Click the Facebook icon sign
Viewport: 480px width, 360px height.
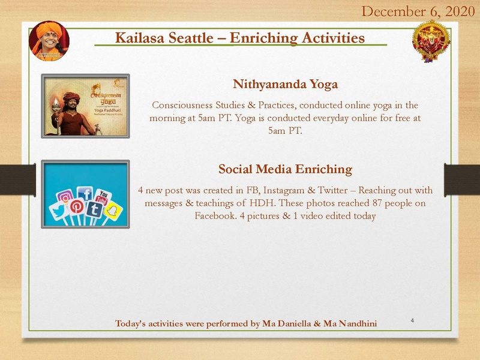86,194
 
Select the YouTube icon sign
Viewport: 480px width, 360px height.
104,197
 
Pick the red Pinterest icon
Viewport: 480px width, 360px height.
77,208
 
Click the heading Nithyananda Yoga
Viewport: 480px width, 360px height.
285,84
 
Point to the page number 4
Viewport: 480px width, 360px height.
413,320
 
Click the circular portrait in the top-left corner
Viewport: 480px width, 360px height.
49,40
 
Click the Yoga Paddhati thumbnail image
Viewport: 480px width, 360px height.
85,106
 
